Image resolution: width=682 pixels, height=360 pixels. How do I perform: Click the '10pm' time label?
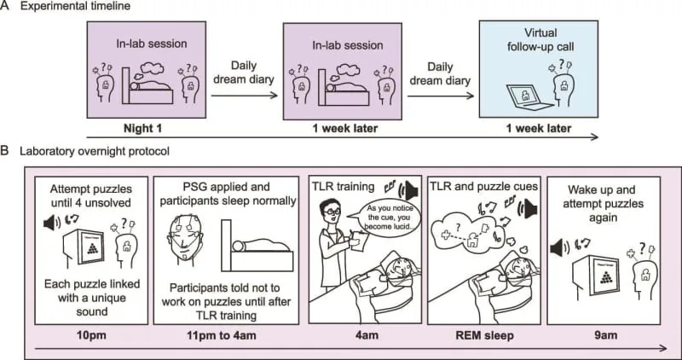click(x=84, y=335)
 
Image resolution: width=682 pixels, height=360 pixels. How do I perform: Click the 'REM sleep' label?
click(x=482, y=335)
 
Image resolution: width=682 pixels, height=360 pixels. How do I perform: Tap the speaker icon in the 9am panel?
click(x=559, y=247)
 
